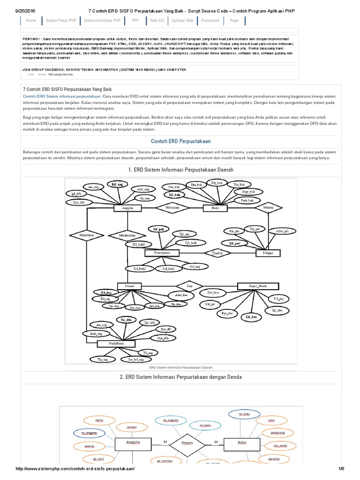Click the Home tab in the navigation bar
[x=31, y=21]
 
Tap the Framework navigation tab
[x=210, y=21]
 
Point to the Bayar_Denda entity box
[x=255, y=285]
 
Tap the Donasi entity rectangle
[x=129, y=285]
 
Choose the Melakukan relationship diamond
[x=86, y=234]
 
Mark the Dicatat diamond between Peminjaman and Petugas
[x=216, y=253]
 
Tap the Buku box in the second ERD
[x=242, y=442]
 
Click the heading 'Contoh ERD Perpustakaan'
[x=180, y=141]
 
